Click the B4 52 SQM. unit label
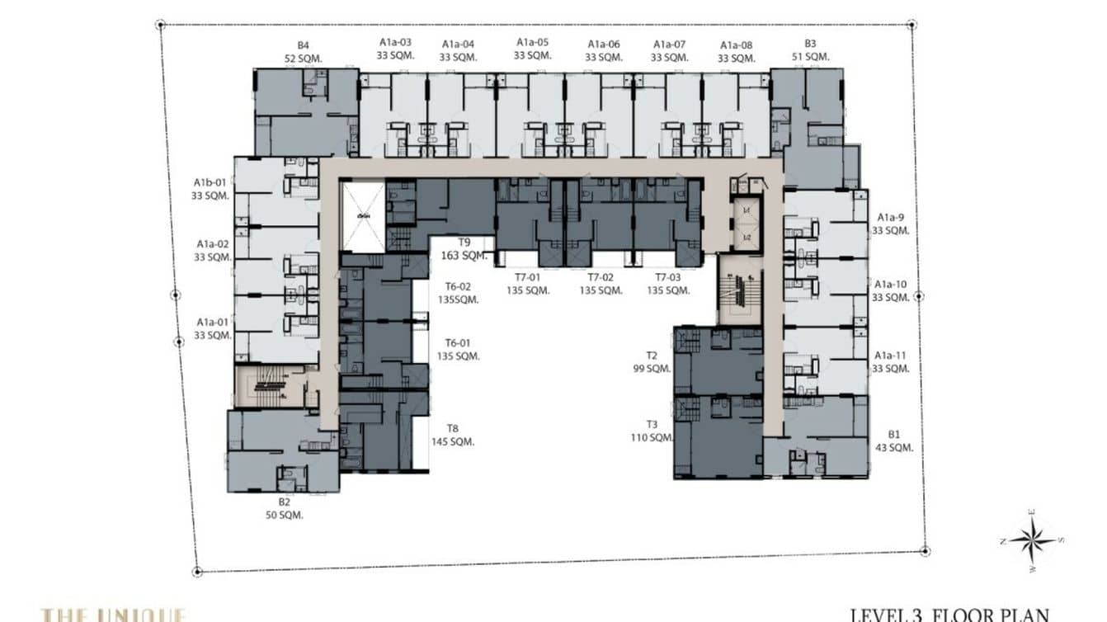click(x=304, y=51)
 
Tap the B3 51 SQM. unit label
click(x=809, y=50)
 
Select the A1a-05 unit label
click(x=532, y=49)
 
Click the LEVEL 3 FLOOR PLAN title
click(x=949, y=614)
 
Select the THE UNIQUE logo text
click(x=114, y=615)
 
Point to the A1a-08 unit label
click(x=736, y=51)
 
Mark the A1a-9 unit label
click(x=892, y=224)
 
